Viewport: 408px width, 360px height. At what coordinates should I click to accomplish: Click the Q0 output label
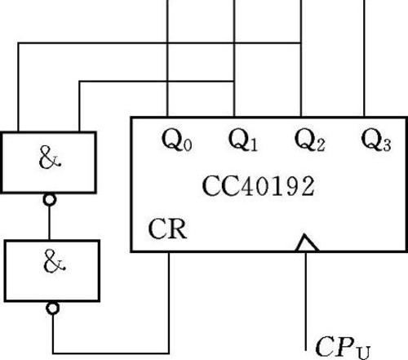(177, 140)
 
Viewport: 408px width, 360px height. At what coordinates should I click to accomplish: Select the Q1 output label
(243, 140)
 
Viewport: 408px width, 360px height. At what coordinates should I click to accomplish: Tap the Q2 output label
(310, 140)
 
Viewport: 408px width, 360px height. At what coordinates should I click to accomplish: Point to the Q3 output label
(376, 140)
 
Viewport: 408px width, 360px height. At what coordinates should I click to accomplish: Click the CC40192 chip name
(259, 186)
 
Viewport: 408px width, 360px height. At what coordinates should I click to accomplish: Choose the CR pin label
(167, 229)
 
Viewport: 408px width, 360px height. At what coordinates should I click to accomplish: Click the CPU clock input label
(343, 348)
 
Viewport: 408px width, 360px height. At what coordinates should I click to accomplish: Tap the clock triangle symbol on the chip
(307, 242)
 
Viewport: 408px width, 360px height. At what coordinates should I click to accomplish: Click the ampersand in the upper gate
(50, 158)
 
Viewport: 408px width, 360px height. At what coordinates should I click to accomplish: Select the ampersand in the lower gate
(54, 262)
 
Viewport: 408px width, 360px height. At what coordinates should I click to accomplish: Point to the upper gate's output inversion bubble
(50, 200)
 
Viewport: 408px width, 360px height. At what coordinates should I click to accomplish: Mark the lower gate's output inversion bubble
(53, 309)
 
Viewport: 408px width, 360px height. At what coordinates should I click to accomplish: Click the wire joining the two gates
(49, 223)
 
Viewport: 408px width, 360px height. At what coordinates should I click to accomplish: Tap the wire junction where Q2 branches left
(301, 42)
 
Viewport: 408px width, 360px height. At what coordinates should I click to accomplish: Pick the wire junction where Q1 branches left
(234, 81)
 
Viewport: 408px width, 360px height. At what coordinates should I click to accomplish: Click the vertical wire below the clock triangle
(306, 301)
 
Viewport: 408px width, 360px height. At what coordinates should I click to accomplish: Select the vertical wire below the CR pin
(169, 303)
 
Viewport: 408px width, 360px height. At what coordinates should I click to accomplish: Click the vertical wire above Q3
(364, 58)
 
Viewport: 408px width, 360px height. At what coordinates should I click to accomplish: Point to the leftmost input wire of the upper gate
(18, 87)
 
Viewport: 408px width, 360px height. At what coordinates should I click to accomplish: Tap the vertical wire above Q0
(167, 58)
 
